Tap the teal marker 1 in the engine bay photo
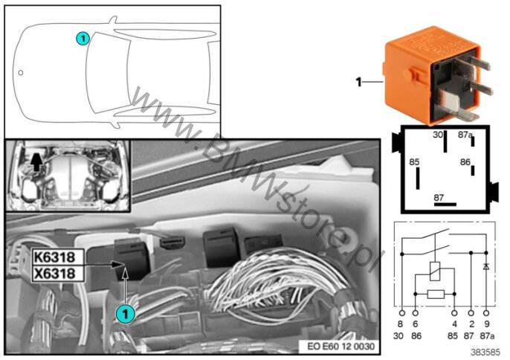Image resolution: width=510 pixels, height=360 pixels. pyautogui.click(x=125, y=315)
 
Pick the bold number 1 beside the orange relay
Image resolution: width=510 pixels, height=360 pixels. pyautogui.click(x=358, y=83)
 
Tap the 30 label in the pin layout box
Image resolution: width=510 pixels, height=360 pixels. pyautogui.click(x=439, y=135)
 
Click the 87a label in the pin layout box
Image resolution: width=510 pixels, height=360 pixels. pyautogui.click(x=465, y=135)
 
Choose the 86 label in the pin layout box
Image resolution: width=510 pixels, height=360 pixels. pyautogui.click(x=465, y=161)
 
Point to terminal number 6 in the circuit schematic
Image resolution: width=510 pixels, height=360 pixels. pyautogui.click(x=416, y=325)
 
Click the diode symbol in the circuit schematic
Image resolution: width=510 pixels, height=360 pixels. pyautogui.click(x=485, y=266)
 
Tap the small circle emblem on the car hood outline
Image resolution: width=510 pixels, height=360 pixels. pyautogui.click(x=22, y=73)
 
